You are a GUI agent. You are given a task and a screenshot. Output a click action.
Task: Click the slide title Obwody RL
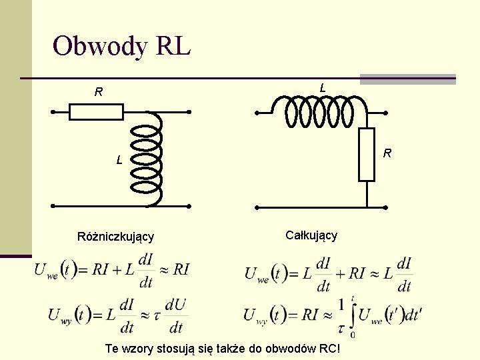(121, 46)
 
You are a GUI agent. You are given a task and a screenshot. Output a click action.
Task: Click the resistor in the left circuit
(97, 111)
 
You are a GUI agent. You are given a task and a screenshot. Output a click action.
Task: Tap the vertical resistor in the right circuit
(367, 155)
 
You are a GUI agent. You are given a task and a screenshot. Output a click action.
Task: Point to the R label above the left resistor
(98, 93)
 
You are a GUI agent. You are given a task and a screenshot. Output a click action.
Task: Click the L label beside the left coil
(119, 160)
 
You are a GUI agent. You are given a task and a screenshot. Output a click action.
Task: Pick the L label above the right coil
(323, 88)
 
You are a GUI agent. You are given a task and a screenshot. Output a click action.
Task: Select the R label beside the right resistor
(387, 155)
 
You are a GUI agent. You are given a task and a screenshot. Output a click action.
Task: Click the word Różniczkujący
(115, 237)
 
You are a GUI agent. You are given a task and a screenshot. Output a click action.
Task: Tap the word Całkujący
(311, 235)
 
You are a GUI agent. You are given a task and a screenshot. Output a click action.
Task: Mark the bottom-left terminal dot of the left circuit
(52, 207)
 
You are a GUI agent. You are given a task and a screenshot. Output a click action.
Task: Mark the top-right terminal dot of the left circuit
(189, 111)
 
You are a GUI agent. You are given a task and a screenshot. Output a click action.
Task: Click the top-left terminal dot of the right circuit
(257, 111)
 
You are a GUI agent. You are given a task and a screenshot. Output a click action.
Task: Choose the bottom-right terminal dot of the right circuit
(385, 207)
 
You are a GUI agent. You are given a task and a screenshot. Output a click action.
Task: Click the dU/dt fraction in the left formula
(175, 315)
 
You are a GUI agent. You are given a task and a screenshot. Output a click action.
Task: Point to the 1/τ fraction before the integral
(341, 315)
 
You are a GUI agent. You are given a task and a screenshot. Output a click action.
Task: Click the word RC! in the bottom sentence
(326, 349)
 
